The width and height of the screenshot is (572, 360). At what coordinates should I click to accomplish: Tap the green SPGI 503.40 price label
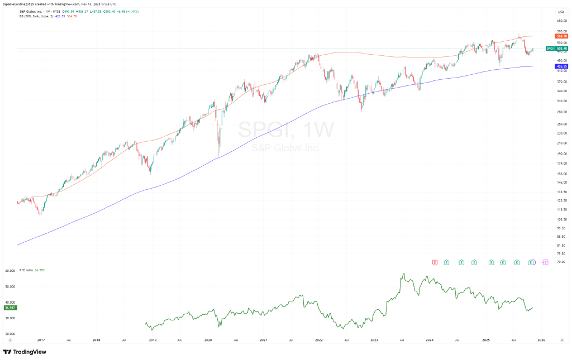click(557, 49)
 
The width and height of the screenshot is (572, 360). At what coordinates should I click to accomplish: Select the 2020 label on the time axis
click(208, 339)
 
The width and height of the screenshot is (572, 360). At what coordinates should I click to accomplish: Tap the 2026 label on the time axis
click(541, 339)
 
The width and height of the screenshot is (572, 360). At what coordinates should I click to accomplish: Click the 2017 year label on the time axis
click(41, 339)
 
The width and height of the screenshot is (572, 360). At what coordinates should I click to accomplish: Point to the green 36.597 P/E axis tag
click(9, 308)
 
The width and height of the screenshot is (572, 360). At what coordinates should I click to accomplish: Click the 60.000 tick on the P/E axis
click(9, 271)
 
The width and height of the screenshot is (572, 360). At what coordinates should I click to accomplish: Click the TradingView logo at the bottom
click(25, 352)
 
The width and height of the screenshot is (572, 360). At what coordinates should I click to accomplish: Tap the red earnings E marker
click(435, 262)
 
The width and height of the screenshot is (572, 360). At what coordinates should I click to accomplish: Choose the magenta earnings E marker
click(545, 262)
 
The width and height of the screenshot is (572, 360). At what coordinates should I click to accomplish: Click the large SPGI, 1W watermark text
click(285, 130)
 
